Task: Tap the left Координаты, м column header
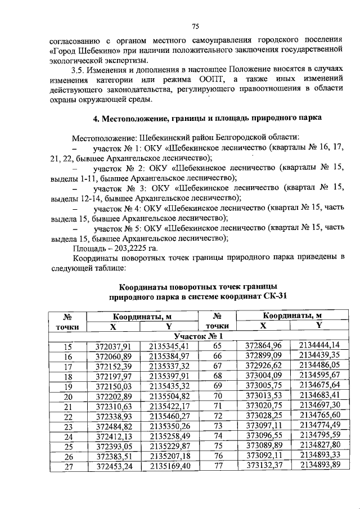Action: [x=141, y=316]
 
